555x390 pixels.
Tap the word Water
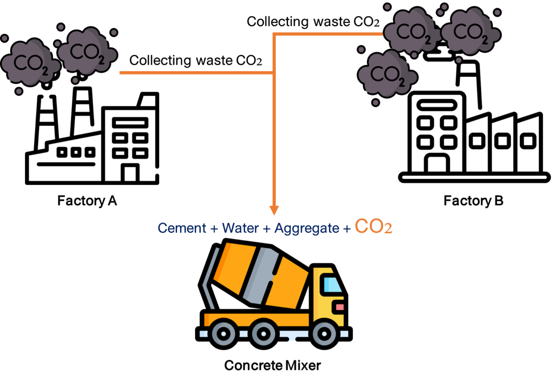point(240,228)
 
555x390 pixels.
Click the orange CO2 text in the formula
point(374,227)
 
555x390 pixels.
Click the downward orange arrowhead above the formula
point(274,210)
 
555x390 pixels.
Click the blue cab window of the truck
point(332,284)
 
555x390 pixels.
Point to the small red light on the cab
point(340,307)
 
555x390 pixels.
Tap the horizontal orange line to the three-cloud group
point(328,34)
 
